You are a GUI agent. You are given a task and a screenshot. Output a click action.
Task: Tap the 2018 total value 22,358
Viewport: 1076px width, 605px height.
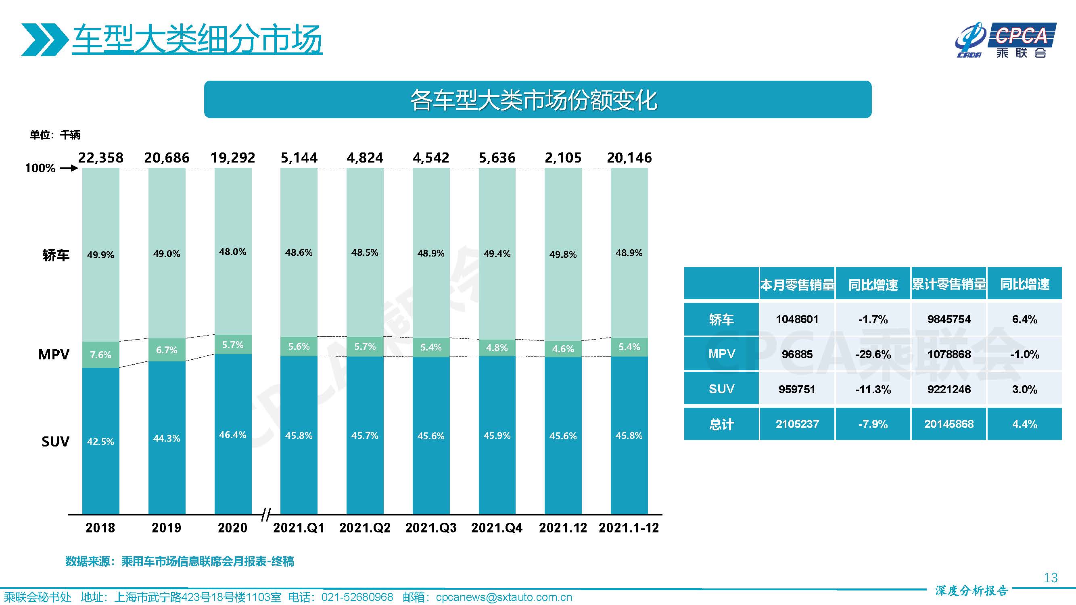tap(101, 158)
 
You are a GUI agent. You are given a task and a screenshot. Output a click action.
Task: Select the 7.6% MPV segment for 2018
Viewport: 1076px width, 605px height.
tap(101, 355)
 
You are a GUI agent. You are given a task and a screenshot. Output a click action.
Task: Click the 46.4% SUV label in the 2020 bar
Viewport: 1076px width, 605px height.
tap(233, 435)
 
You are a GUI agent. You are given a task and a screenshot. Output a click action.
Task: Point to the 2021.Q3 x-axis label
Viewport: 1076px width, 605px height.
tap(430, 528)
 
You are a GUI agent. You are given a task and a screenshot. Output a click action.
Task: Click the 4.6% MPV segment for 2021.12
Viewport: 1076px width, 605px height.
tap(563, 348)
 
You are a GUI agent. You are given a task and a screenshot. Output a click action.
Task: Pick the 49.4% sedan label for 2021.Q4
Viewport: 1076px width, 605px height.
tap(497, 253)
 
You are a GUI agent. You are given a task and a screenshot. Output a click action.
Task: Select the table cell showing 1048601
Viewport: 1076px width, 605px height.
tap(796, 319)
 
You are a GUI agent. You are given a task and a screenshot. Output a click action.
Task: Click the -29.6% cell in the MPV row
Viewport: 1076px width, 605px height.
tap(873, 355)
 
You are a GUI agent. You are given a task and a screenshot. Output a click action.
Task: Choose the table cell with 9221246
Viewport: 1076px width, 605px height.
tap(949, 389)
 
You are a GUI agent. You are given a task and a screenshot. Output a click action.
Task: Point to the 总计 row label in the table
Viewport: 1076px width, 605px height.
tap(721, 424)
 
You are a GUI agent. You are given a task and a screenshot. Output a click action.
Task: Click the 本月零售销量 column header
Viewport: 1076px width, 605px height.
tap(796, 285)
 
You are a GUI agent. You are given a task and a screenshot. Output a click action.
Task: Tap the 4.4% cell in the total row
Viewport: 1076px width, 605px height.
tap(1024, 424)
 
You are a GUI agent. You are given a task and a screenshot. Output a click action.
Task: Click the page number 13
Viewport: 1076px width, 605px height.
tap(1050, 578)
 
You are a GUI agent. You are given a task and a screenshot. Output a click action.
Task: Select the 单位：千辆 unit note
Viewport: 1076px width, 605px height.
tap(55, 135)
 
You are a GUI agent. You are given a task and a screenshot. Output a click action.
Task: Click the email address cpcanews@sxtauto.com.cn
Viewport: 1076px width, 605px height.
tap(504, 597)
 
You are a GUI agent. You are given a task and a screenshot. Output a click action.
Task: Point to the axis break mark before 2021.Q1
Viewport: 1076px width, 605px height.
tap(265, 515)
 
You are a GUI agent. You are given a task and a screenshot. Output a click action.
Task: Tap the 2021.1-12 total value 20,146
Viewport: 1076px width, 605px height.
tap(629, 158)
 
